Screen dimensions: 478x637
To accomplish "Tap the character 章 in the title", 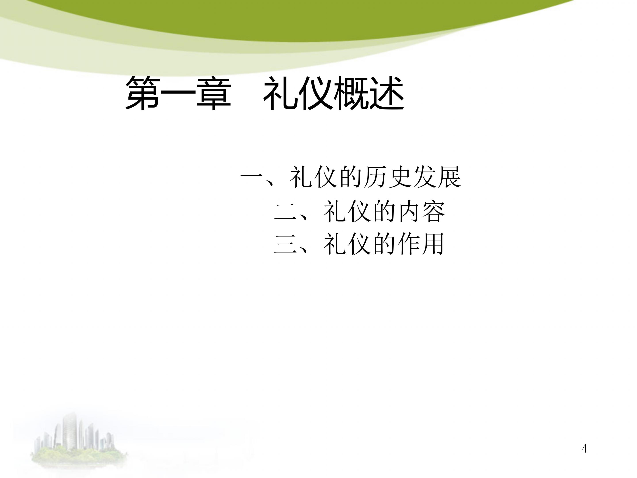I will [213, 93].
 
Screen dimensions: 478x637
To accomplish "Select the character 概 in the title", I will [352, 93].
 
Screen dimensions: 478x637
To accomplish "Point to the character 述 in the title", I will [387, 93].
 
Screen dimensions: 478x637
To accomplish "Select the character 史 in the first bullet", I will [400, 177].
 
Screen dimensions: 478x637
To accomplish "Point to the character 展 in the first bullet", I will [449, 177].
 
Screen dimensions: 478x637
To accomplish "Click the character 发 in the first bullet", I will [425, 177].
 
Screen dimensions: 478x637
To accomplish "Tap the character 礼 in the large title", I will [281, 93].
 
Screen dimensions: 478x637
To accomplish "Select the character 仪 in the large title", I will [317, 93].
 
